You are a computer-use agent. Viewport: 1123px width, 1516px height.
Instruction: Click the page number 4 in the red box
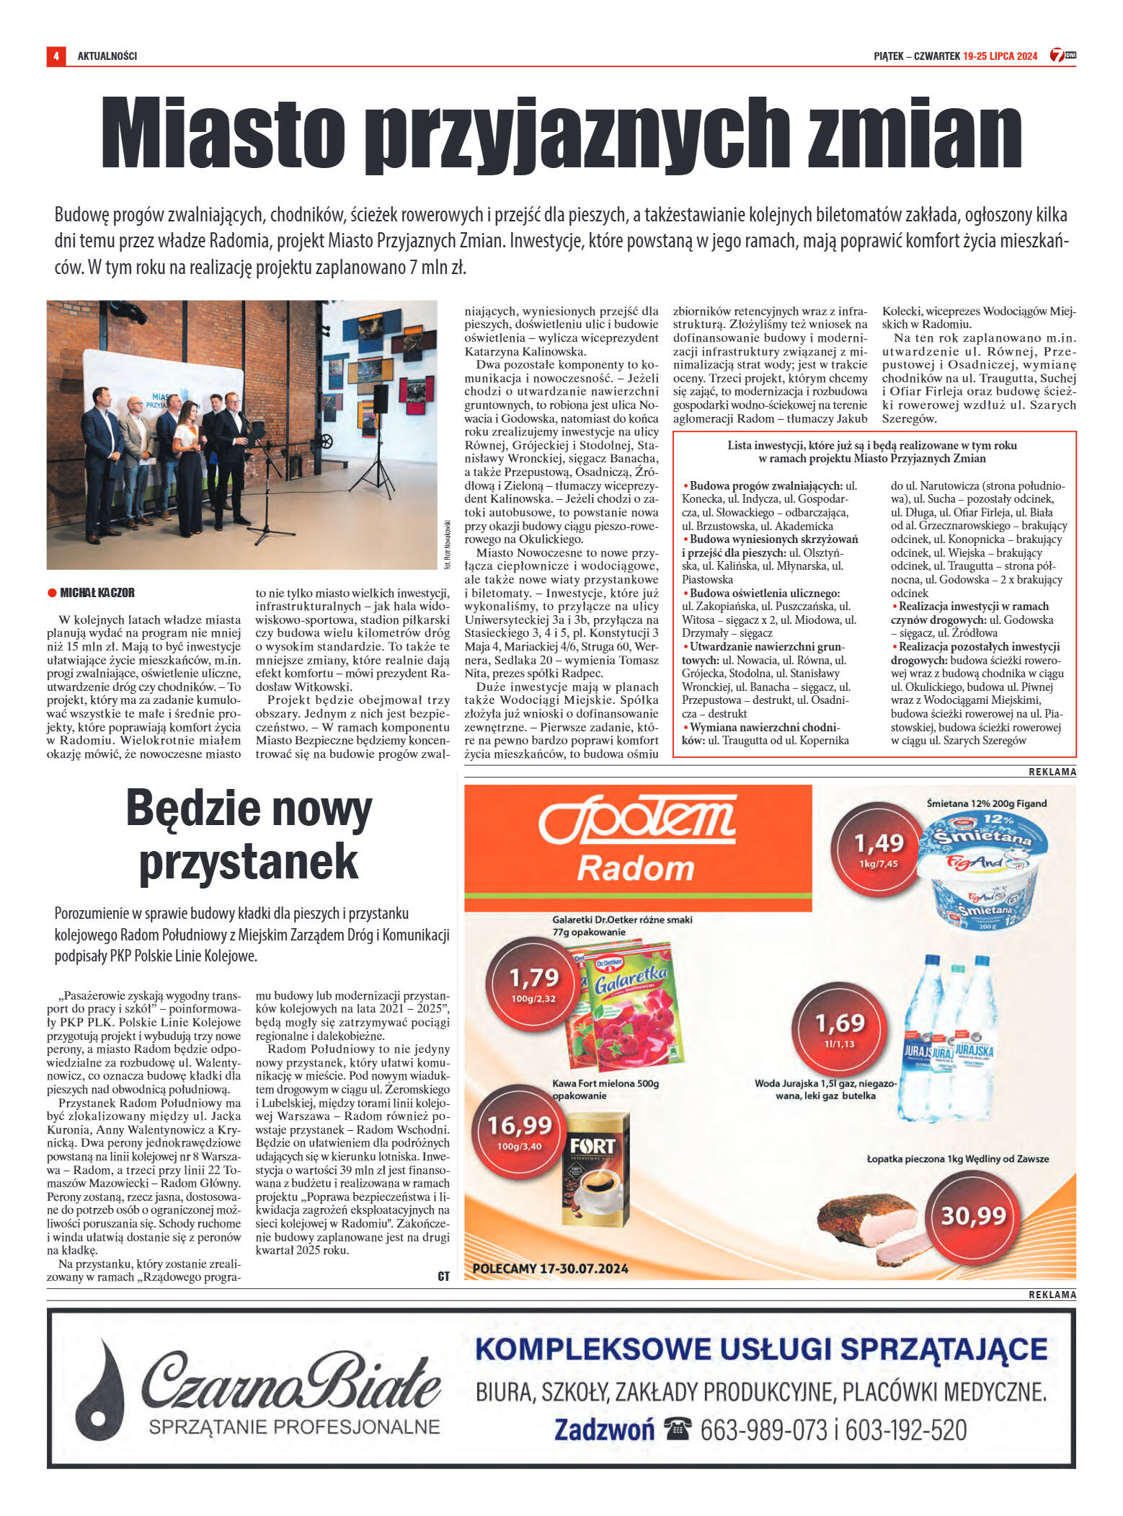56,56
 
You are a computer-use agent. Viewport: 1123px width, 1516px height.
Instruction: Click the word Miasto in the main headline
223,134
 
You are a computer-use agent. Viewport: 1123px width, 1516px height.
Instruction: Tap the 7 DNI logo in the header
1062,55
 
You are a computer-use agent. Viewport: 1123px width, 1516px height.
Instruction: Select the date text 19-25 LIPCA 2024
1000,56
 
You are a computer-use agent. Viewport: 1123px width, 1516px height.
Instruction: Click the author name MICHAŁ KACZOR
97,593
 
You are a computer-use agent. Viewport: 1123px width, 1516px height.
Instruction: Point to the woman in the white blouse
187,469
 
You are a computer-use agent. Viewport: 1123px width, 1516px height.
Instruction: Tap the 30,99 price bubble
973,1216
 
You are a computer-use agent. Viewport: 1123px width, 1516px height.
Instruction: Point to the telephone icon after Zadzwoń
677,1428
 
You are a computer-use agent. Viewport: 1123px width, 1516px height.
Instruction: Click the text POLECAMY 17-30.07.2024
550,1268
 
